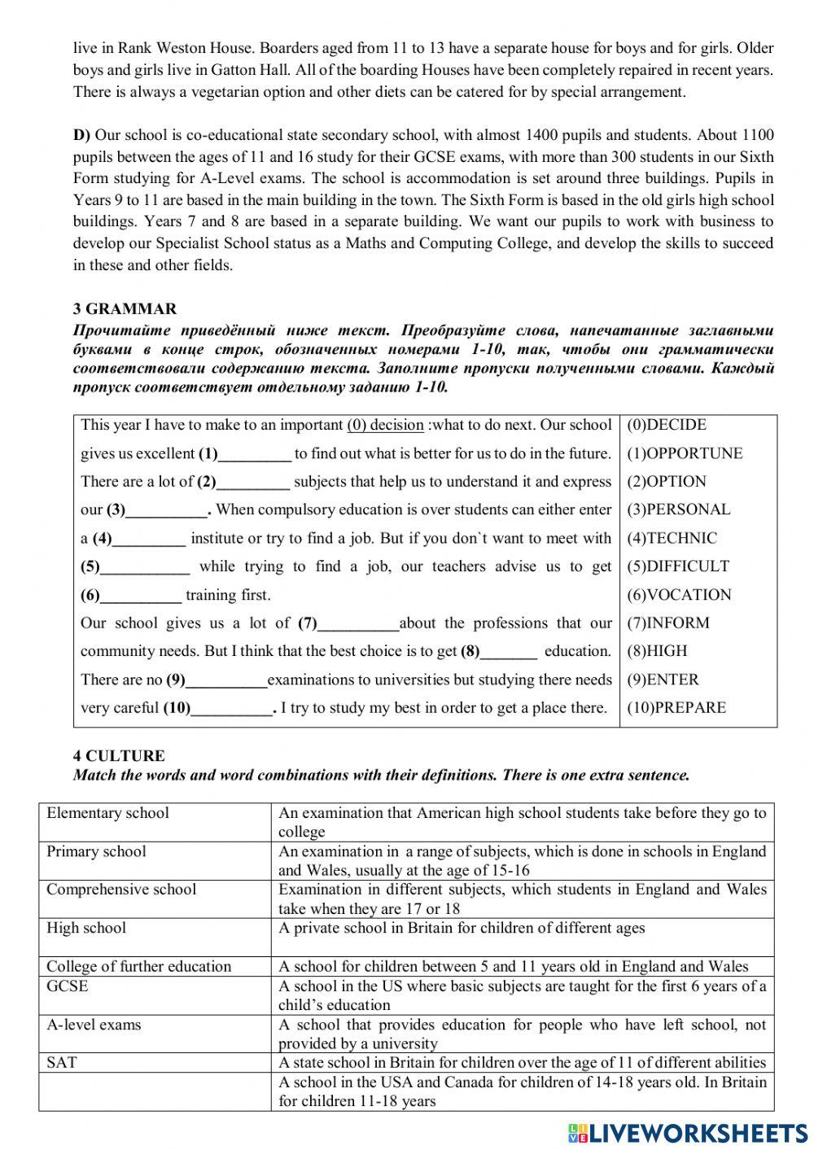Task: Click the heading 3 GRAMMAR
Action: tap(125, 309)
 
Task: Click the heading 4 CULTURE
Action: tap(119, 756)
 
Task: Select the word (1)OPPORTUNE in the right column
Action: tap(684, 453)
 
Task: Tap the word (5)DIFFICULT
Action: tap(677, 566)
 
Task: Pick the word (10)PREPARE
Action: tap(676, 708)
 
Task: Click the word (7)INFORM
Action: tap(667, 623)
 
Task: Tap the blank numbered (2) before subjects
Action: tap(253, 483)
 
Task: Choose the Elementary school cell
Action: tap(108, 813)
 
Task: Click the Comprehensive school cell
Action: tap(121, 890)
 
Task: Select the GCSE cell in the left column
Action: tap(68, 986)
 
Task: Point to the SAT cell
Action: tap(62, 1063)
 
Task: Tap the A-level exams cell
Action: tap(94, 1025)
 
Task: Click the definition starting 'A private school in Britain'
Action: tap(462, 928)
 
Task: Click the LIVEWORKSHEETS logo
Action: tap(688, 1133)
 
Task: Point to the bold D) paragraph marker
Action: tap(82, 135)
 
